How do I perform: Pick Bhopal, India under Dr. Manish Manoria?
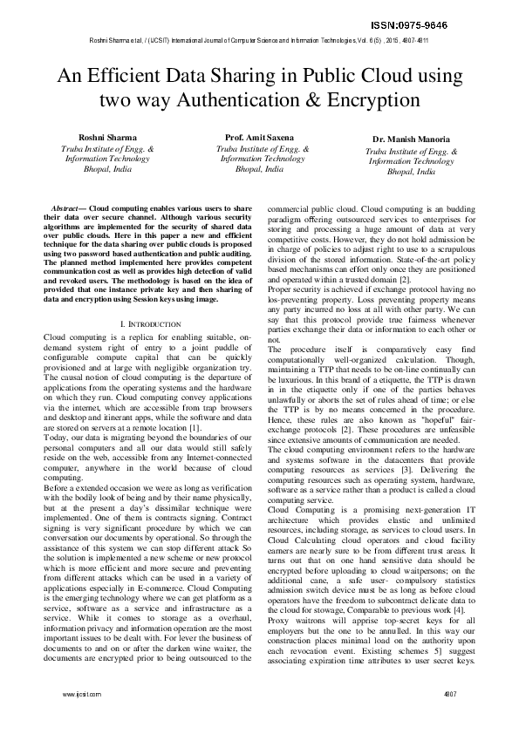tap(409, 172)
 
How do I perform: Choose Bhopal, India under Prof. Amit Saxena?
tap(261, 170)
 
